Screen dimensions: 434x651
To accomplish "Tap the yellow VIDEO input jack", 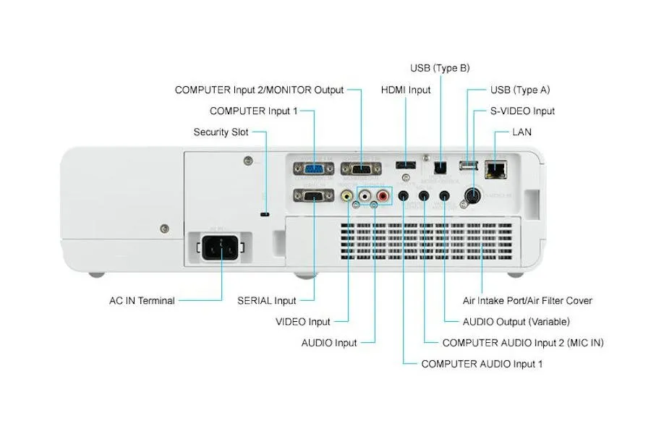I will click(x=348, y=195).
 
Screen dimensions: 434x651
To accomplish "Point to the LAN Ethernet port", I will click(x=497, y=169).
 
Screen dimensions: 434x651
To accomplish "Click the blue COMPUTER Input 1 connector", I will click(x=313, y=169).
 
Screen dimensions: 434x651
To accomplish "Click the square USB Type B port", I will click(x=440, y=166).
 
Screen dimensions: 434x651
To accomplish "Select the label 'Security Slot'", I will click(x=221, y=132).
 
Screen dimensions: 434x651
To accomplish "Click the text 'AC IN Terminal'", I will click(x=137, y=301).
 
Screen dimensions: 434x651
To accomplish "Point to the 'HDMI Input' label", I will click(x=406, y=90).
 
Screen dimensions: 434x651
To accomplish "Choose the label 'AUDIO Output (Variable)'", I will click(x=516, y=322).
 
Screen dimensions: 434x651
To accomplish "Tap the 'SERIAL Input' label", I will click(x=267, y=301).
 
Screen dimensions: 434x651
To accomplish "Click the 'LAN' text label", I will click(x=522, y=132).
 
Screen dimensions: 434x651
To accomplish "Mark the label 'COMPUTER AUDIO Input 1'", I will click(x=482, y=364).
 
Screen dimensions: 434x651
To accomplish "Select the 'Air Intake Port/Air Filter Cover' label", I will click(x=527, y=301).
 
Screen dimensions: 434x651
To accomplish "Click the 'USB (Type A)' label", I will click(x=520, y=90).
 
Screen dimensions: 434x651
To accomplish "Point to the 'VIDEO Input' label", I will click(x=302, y=322).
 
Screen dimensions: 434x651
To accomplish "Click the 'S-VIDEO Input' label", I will click(x=523, y=111).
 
